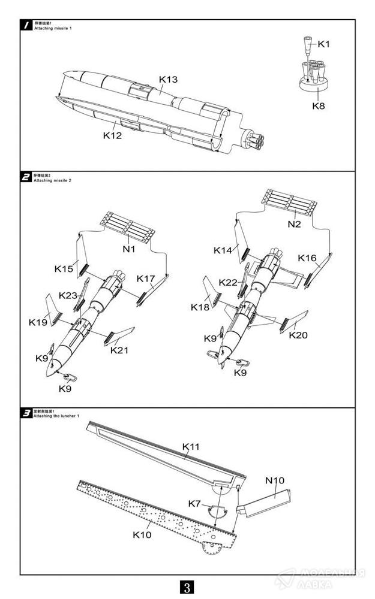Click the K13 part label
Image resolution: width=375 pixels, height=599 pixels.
click(x=169, y=80)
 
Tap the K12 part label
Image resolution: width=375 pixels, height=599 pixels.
click(x=112, y=135)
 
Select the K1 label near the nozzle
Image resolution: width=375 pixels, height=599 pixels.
click(x=324, y=44)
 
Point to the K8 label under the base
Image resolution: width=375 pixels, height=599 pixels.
click(x=319, y=106)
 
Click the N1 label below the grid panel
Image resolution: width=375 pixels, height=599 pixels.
click(x=129, y=248)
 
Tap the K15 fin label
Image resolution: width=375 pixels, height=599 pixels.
click(x=64, y=269)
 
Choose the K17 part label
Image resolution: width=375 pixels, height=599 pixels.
click(x=146, y=279)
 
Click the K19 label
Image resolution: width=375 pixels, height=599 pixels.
click(x=38, y=322)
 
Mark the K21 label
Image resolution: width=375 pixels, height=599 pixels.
click(x=120, y=350)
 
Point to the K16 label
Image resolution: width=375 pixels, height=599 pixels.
click(x=307, y=258)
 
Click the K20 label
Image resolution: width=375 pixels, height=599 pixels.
click(x=298, y=335)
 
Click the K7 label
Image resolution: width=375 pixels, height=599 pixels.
click(x=194, y=503)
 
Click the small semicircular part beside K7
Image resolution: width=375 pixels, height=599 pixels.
click(x=216, y=510)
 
